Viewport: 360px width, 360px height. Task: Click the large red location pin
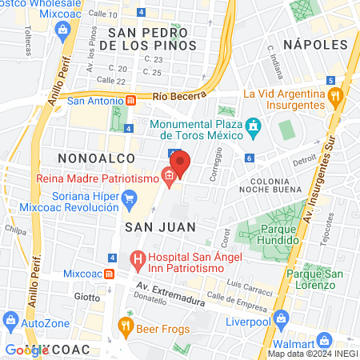click(x=180, y=162)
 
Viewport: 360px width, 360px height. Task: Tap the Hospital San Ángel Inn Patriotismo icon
click(x=137, y=259)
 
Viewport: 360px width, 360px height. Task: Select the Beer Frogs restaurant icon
click(x=125, y=325)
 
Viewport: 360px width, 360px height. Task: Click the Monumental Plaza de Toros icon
click(x=254, y=126)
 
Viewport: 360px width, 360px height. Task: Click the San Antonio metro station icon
click(x=130, y=102)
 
